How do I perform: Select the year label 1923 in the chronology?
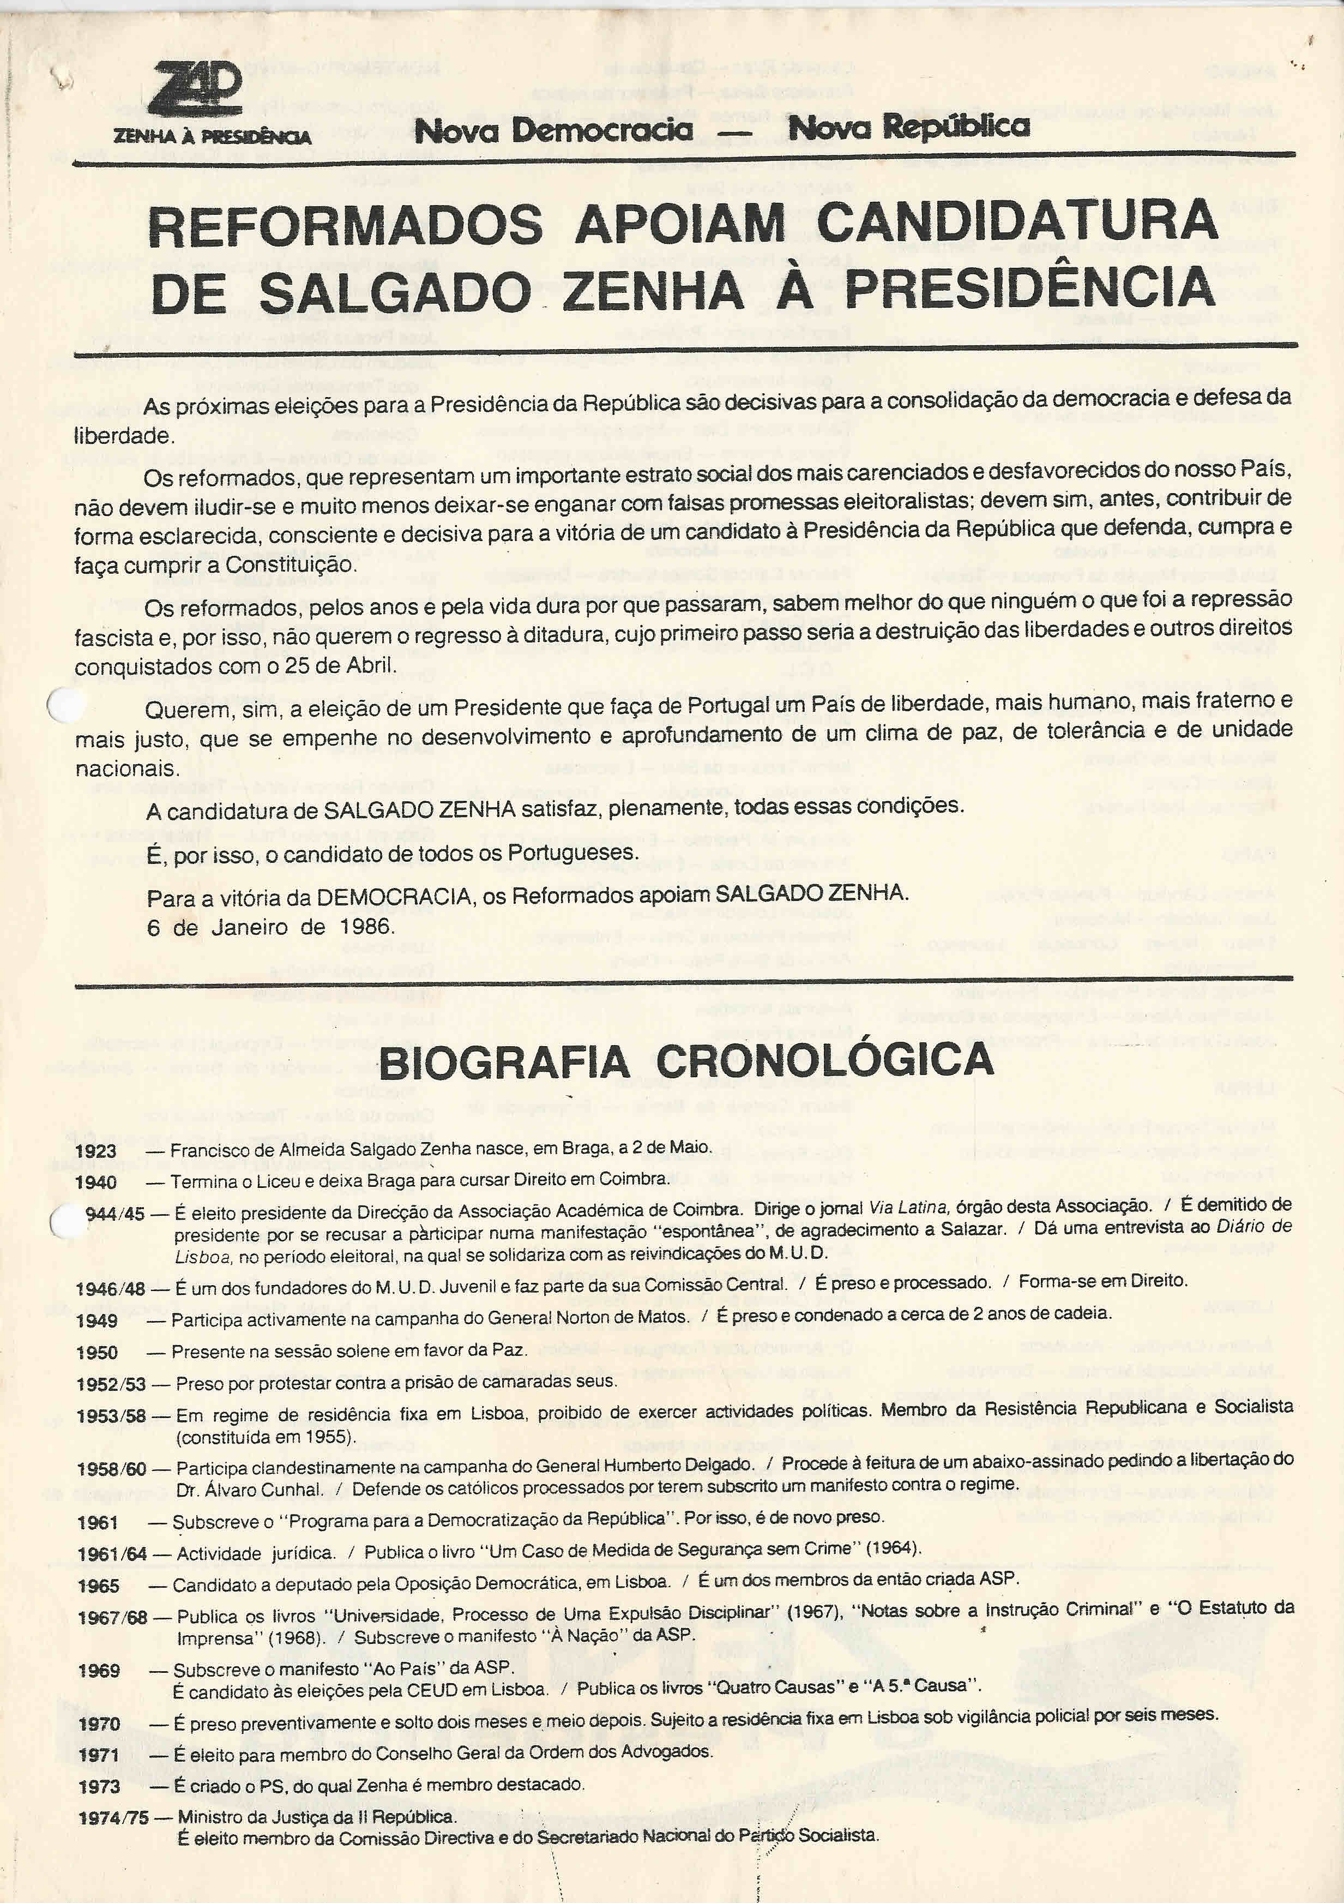pyautogui.click(x=96, y=1151)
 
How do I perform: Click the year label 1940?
pyautogui.click(x=96, y=1182)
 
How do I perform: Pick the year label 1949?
pyautogui.click(x=97, y=1320)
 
